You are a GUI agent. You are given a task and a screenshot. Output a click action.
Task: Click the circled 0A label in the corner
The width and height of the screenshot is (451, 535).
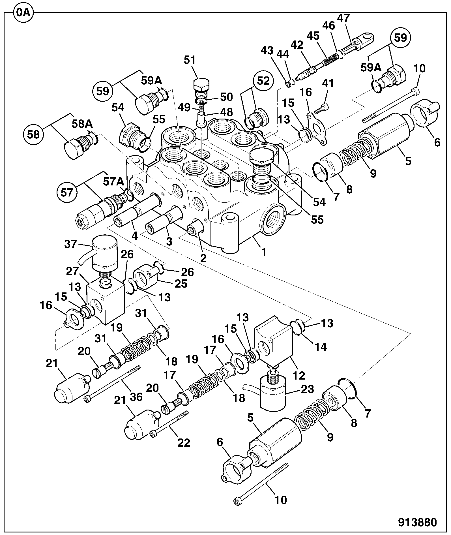(x=23, y=12)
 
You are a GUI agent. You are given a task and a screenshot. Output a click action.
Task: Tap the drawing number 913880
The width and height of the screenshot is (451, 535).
(x=418, y=522)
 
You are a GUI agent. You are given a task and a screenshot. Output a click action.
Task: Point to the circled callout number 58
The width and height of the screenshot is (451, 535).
(x=34, y=134)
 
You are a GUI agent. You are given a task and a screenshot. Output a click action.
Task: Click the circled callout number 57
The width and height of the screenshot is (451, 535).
(x=67, y=192)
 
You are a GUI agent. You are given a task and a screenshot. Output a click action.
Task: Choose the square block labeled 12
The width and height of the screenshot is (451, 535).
(x=273, y=341)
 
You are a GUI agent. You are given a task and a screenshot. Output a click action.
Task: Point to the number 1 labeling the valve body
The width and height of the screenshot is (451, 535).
(x=263, y=252)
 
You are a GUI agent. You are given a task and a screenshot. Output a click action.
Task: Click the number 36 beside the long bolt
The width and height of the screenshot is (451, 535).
(x=136, y=397)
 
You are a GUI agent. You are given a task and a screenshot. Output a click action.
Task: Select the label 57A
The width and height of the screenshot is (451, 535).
(x=113, y=181)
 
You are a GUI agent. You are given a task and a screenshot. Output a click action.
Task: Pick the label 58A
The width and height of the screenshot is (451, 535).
(x=82, y=123)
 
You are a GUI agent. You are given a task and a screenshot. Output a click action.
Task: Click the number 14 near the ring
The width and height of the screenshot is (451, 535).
(x=321, y=346)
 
